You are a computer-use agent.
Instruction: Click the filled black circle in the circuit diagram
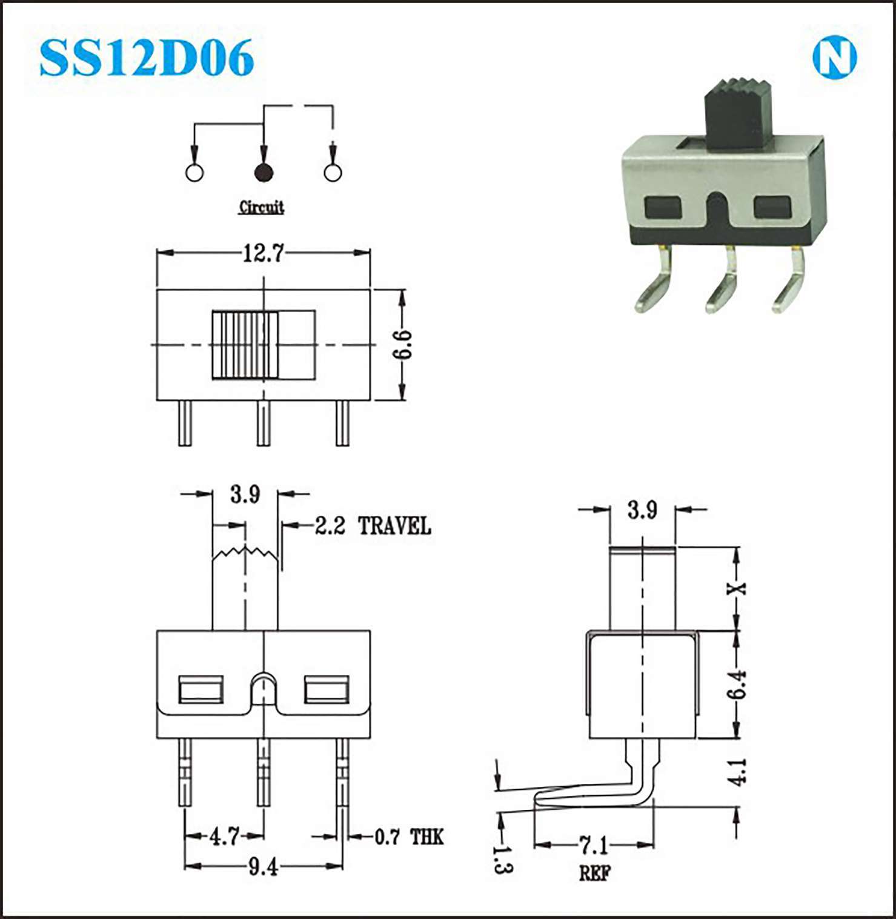click(x=264, y=173)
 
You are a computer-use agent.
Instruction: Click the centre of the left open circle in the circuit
click(x=194, y=173)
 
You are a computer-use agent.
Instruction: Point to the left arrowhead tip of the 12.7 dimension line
click(x=158, y=253)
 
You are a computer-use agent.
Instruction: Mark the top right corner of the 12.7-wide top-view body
click(x=370, y=290)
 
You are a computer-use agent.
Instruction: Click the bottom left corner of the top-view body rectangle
click(x=157, y=400)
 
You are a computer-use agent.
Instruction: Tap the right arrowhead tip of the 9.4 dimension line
click(x=342, y=866)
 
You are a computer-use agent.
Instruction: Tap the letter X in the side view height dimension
click(x=737, y=588)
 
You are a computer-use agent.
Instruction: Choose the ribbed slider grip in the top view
click(x=245, y=345)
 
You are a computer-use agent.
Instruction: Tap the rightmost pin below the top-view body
click(x=342, y=423)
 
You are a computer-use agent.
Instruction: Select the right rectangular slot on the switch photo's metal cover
click(x=772, y=208)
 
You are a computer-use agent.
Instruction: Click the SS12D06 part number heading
click(x=146, y=58)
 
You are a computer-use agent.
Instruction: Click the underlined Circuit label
click(x=261, y=208)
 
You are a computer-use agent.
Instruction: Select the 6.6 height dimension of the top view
click(x=402, y=345)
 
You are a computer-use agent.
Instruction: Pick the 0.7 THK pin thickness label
click(x=409, y=837)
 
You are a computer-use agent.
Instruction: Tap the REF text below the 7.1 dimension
click(x=595, y=873)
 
